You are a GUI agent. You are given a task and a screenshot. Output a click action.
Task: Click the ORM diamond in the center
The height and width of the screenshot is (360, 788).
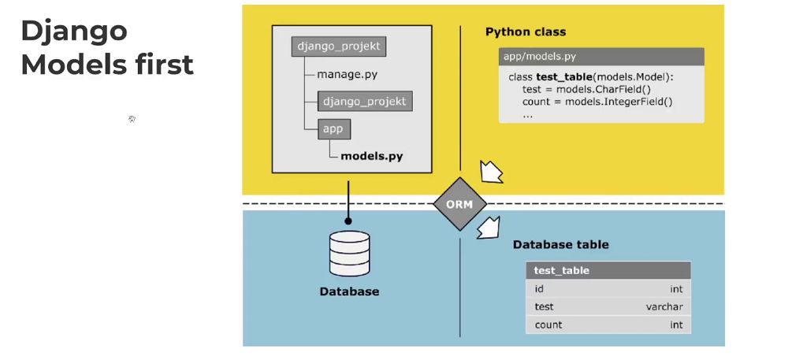click(459, 203)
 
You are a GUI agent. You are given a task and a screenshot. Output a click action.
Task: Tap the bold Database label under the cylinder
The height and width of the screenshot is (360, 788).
click(349, 291)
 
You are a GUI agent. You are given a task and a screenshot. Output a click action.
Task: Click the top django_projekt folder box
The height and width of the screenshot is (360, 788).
click(338, 46)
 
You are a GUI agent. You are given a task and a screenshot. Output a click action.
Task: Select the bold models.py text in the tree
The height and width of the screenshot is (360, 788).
click(371, 156)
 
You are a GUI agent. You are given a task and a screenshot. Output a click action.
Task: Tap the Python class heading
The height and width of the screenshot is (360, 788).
click(525, 32)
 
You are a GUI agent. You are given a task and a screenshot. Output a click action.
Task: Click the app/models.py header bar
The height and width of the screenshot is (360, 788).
click(601, 57)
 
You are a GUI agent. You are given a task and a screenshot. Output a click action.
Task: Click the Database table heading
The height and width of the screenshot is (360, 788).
click(560, 244)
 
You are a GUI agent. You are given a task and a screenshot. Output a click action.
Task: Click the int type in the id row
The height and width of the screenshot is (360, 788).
click(675, 289)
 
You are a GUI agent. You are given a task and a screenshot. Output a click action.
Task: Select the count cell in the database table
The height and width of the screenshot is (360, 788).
click(548, 325)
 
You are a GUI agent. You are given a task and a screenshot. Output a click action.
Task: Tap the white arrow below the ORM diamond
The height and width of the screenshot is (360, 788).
click(489, 228)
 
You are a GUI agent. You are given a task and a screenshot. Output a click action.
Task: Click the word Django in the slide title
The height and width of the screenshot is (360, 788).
click(73, 31)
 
